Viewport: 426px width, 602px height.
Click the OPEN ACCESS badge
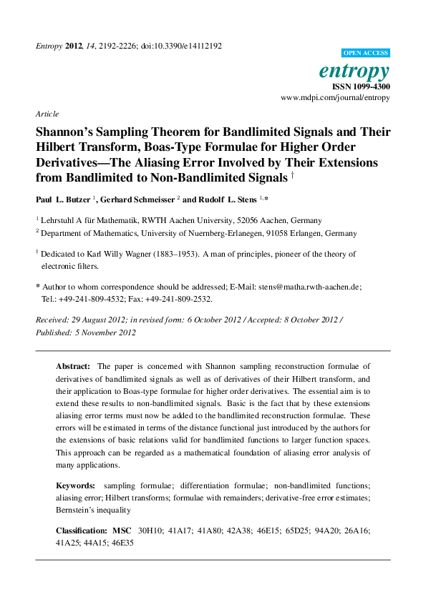[x=366, y=53]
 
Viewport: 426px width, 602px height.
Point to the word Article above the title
[x=47, y=114]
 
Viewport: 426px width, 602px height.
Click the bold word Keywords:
[x=75, y=486]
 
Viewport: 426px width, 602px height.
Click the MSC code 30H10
[x=150, y=532]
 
